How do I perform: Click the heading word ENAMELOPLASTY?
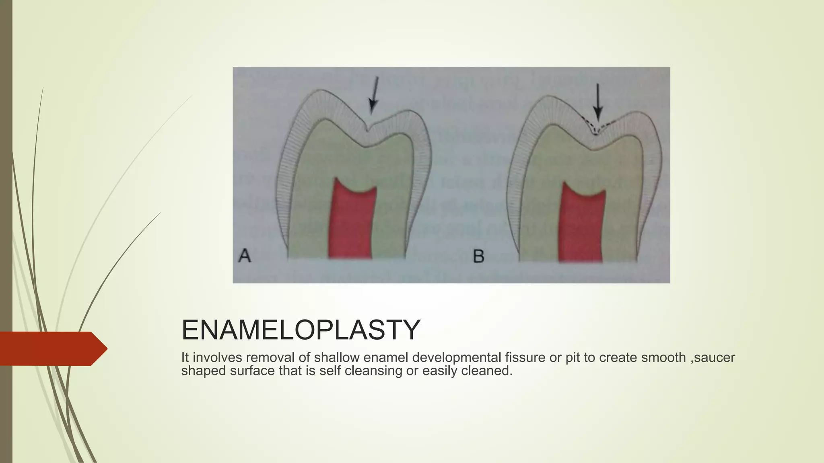click(301, 330)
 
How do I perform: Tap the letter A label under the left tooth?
click(245, 256)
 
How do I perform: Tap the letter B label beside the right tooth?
click(478, 256)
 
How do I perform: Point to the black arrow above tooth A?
click(374, 96)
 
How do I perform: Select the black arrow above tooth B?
click(598, 102)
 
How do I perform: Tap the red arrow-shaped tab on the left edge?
click(52, 348)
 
